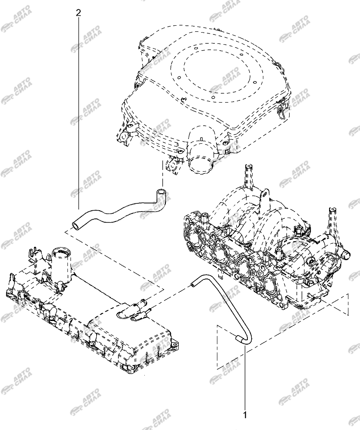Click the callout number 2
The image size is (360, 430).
click(x=79, y=13)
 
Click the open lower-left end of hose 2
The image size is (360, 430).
click(x=75, y=225)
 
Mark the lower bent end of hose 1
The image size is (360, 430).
click(x=239, y=339)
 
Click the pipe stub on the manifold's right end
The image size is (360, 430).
click(x=345, y=254)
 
